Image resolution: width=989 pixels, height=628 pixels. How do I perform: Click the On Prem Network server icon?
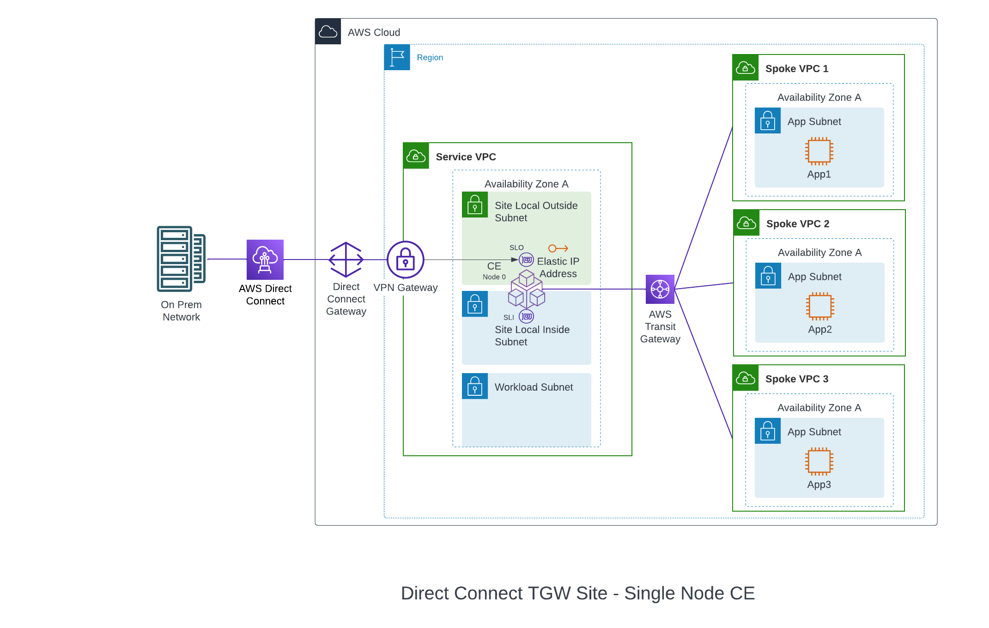click(181, 259)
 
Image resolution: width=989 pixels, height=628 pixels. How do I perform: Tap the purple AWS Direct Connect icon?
click(265, 260)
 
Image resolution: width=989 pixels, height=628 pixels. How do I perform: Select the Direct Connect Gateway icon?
click(346, 260)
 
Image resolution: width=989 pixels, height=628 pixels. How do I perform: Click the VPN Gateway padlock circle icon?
click(405, 260)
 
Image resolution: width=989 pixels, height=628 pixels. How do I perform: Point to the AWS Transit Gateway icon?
click(660, 289)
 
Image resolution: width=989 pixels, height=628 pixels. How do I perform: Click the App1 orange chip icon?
click(819, 151)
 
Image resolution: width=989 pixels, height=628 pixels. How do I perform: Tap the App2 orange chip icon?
click(819, 306)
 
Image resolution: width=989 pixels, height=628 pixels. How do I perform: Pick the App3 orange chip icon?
click(819, 461)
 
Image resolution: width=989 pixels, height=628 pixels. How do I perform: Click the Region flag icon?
click(397, 57)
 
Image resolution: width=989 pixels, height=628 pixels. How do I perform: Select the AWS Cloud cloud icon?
click(328, 31)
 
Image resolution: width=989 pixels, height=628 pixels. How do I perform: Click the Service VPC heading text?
click(465, 157)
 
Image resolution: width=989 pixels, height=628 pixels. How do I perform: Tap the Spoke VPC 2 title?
click(797, 224)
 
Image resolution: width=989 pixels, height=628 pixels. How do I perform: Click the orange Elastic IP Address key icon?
click(558, 248)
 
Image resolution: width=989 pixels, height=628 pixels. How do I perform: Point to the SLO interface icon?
click(526, 260)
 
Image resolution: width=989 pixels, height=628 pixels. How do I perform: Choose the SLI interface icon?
click(526, 316)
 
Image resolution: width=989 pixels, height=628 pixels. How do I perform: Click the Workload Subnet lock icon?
click(474, 386)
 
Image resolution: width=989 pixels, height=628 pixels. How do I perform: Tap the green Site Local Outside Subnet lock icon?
click(474, 205)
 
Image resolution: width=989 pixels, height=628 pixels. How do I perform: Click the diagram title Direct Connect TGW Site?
click(577, 593)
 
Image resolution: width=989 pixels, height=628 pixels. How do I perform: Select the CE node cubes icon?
click(527, 290)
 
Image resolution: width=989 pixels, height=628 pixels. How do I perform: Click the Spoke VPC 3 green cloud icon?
click(745, 378)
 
